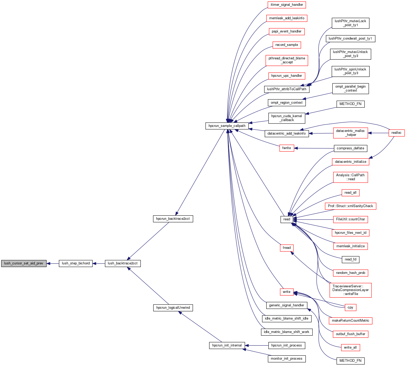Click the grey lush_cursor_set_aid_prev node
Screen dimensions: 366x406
(x=24, y=263)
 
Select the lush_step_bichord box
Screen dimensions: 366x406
(x=76, y=263)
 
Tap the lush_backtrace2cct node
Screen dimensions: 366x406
(x=123, y=263)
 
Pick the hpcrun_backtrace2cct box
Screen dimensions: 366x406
(x=173, y=219)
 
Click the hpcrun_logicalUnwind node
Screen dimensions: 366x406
(x=173, y=308)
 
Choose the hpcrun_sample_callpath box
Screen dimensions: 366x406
(x=227, y=126)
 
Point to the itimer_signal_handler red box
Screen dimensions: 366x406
(x=287, y=5)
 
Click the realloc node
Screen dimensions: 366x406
(x=396, y=133)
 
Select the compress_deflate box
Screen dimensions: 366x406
(x=350, y=148)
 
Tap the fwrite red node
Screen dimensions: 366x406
(x=287, y=148)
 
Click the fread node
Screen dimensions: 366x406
(x=287, y=248)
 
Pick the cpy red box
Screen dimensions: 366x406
(x=350, y=307)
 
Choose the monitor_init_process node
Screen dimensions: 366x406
(x=287, y=359)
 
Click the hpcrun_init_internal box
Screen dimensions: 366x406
(x=227, y=345)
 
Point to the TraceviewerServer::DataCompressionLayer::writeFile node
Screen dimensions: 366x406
(x=350, y=290)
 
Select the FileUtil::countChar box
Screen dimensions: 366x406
(x=350, y=219)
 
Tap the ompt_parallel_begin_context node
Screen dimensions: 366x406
(x=350, y=88)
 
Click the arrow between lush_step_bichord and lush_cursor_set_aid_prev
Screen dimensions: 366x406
(x=53, y=263)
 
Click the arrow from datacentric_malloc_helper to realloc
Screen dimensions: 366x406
(x=378, y=133)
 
